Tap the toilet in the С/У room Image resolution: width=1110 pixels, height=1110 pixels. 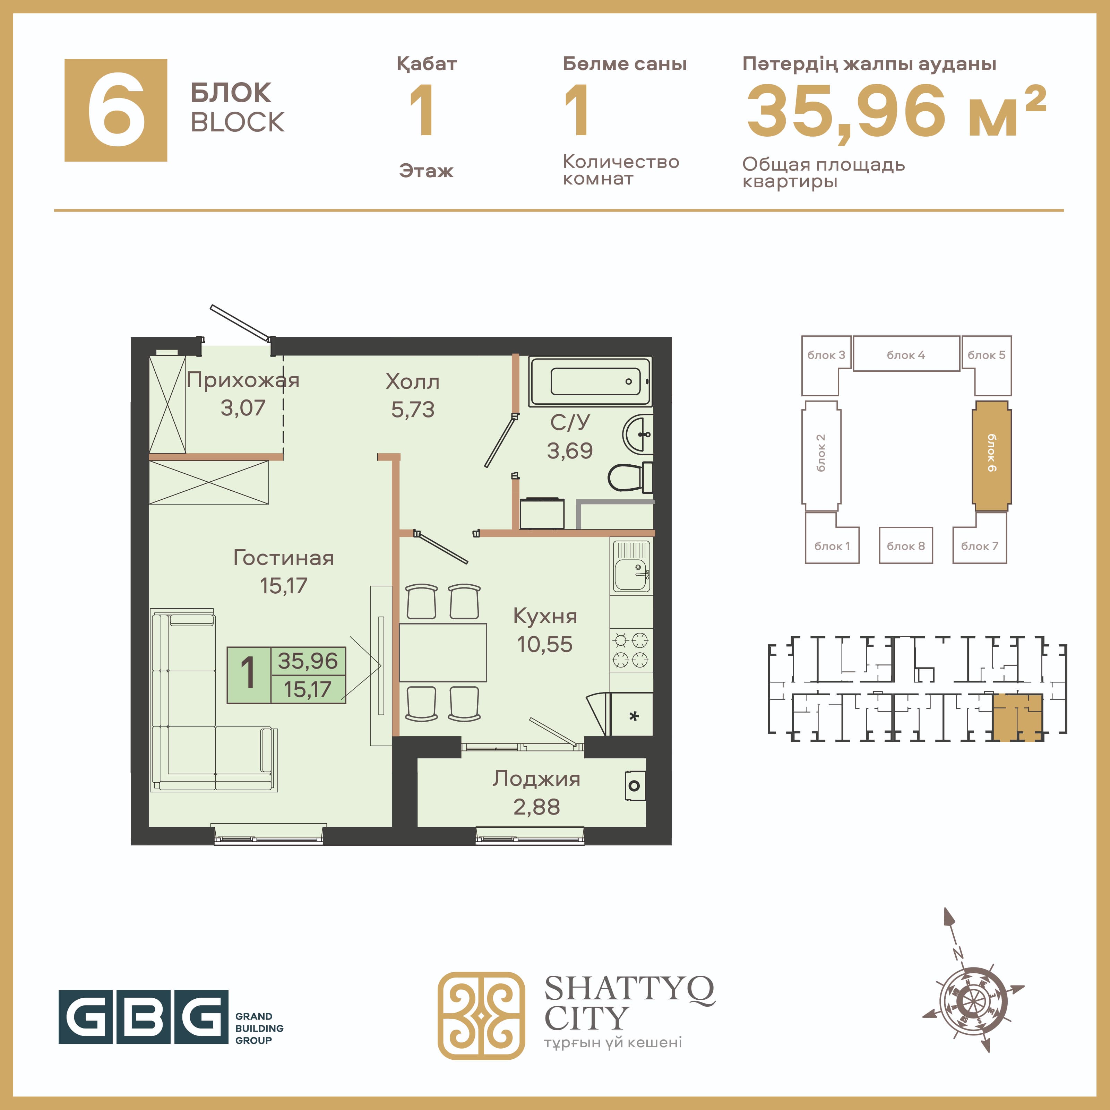pyautogui.click(x=630, y=477)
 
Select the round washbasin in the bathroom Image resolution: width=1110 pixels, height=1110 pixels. pyautogui.click(x=638, y=434)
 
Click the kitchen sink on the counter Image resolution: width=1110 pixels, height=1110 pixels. pyautogui.click(x=631, y=567)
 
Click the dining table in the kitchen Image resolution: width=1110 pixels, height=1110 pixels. pyautogui.click(x=443, y=653)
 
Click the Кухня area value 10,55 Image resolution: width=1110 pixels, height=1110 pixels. pyautogui.click(x=545, y=645)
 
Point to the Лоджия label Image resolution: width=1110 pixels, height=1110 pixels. pyautogui.click(x=536, y=779)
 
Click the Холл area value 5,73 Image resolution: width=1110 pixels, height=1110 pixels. pyautogui.click(x=413, y=410)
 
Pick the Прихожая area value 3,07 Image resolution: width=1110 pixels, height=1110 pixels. pyautogui.click(x=243, y=408)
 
